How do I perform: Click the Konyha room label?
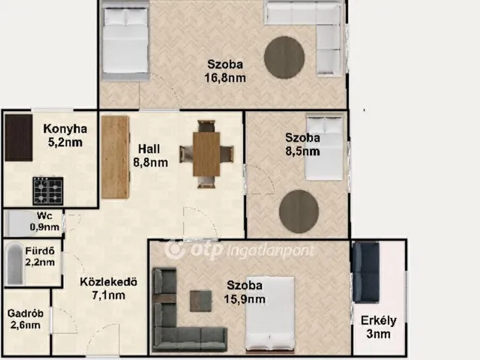(x=65, y=129)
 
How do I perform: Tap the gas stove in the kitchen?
(x=48, y=190)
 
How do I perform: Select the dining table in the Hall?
(x=206, y=154)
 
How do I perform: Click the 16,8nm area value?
(x=225, y=78)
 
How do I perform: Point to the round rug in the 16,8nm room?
(x=284, y=58)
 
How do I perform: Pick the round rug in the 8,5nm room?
(x=298, y=211)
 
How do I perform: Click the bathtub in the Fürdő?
(x=15, y=263)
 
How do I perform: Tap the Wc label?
(x=44, y=215)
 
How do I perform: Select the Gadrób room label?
(x=25, y=313)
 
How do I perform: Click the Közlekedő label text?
(x=108, y=282)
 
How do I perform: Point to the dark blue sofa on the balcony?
(x=366, y=272)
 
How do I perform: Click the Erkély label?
(x=378, y=321)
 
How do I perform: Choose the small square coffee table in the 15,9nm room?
(x=200, y=301)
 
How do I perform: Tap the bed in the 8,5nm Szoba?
(x=324, y=148)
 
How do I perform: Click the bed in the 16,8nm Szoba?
(x=125, y=41)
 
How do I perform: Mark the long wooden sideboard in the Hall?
(x=115, y=157)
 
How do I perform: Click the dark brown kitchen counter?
(x=19, y=138)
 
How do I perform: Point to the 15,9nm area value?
(x=244, y=299)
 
